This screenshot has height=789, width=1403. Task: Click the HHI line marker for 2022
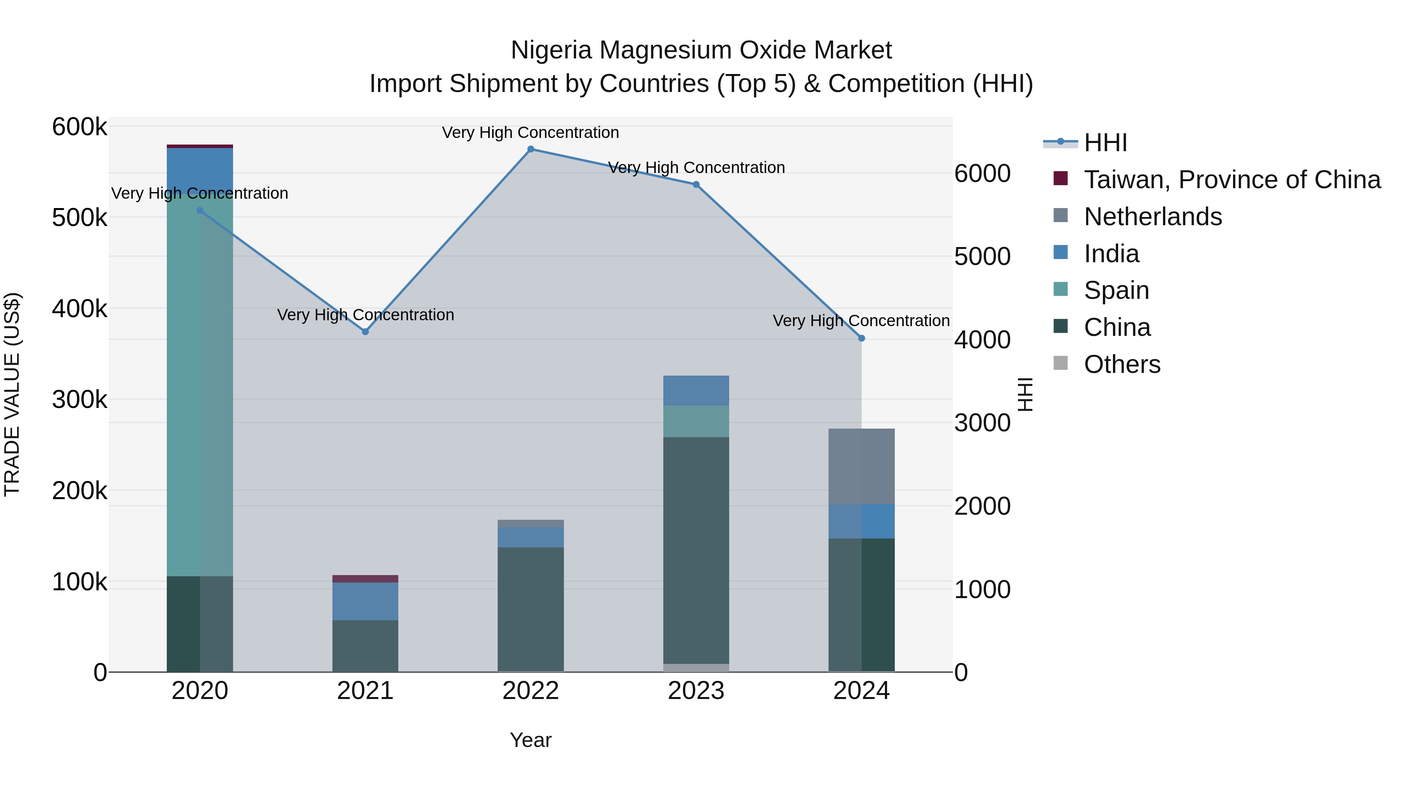(530, 149)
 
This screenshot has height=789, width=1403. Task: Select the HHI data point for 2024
(861, 338)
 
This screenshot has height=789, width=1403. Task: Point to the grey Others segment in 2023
(696, 667)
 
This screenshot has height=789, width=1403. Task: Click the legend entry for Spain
(1116, 290)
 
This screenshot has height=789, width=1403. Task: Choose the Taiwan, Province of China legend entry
(1232, 180)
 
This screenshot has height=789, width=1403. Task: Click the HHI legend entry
(1105, 143)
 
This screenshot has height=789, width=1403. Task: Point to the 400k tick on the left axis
(80, 309)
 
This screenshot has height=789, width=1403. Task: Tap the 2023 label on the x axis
(696, 691)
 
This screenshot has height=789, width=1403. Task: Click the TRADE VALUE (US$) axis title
(12, 394)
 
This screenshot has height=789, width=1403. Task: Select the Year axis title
(530, 740)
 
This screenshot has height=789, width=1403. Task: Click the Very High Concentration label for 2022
(530, 132)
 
